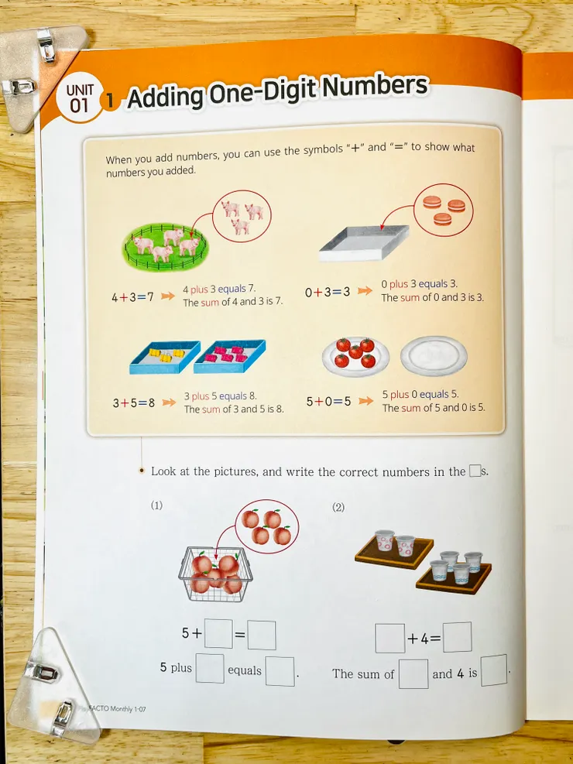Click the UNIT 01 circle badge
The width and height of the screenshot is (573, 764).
click(x=80, y=99)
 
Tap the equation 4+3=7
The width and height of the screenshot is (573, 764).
click(x=132, y=296)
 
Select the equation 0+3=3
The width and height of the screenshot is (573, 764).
click(x=328, y=293)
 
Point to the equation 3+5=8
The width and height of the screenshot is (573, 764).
click(x=133, y=403)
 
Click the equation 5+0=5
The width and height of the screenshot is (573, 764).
click(x=328, y=402)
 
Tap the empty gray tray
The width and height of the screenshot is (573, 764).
click(x=364, y=242)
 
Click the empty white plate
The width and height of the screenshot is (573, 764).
click(x=434, y=356)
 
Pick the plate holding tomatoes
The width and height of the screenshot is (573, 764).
click(x=355, y=356)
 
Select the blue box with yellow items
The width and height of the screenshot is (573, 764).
click(x=165, y=357)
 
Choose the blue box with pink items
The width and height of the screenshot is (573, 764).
click(x=229, y=356)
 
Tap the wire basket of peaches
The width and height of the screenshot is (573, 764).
click(x=215, y=574)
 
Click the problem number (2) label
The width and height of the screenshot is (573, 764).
click(x=338, y=508)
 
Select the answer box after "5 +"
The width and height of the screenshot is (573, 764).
click(x=218, y=633)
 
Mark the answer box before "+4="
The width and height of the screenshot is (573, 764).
click(x=389, y=639)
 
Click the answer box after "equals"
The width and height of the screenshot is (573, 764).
click(x=280, y=671)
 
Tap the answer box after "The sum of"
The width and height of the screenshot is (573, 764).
click(x=413, y=674)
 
